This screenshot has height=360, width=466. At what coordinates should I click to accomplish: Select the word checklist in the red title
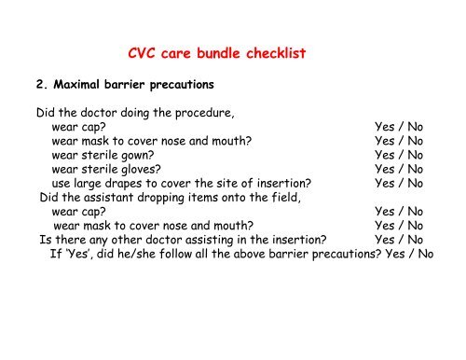[x=269, y=55]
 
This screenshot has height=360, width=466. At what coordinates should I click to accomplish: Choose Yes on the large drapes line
[x=385, y=184]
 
